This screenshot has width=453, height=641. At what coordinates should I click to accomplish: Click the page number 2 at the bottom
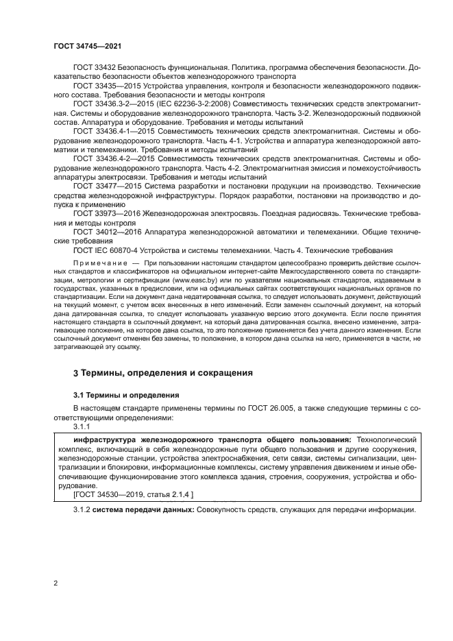coord(56,583)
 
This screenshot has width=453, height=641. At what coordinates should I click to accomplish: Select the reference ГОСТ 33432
coord(94,69)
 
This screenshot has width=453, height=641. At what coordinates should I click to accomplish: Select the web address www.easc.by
coord(177,280)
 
